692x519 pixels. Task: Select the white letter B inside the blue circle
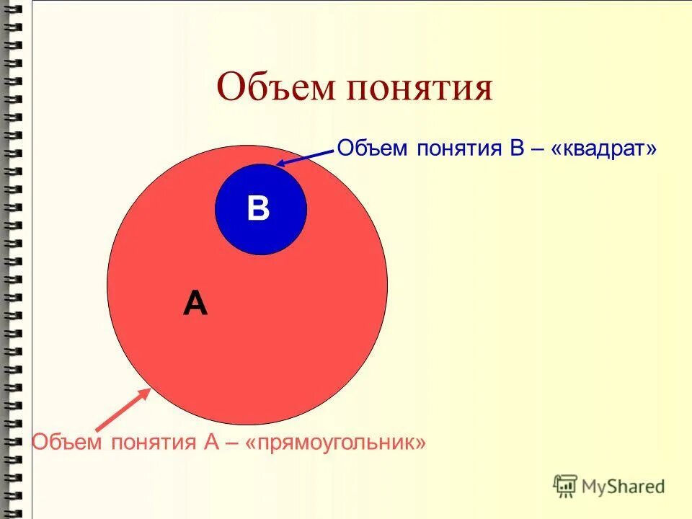tap(258, 209)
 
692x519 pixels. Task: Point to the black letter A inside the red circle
tap(195, 304)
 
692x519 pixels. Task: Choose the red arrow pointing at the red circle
tap(123, 410)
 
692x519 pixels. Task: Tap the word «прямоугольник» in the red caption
tap(336, 442)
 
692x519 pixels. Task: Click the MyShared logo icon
tap(565, 486)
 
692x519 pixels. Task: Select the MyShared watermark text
tap(623, 487)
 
